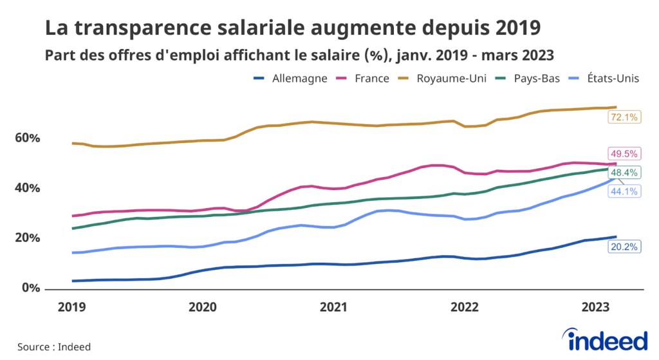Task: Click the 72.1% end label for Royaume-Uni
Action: point(624,117)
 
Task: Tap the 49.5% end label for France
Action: point(624,154)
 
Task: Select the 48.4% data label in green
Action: point(624,173)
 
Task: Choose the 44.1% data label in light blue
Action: point(624,191)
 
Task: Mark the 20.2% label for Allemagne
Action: point(624,246)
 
